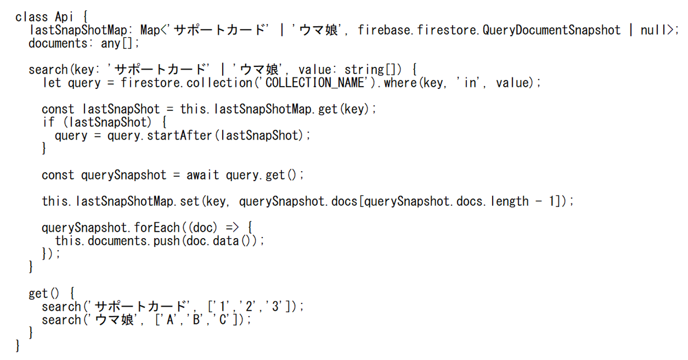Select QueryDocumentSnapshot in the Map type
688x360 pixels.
point(551,30)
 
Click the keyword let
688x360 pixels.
point(52,83)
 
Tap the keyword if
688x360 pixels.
point(48,122)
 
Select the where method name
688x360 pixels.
point(399,83)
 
